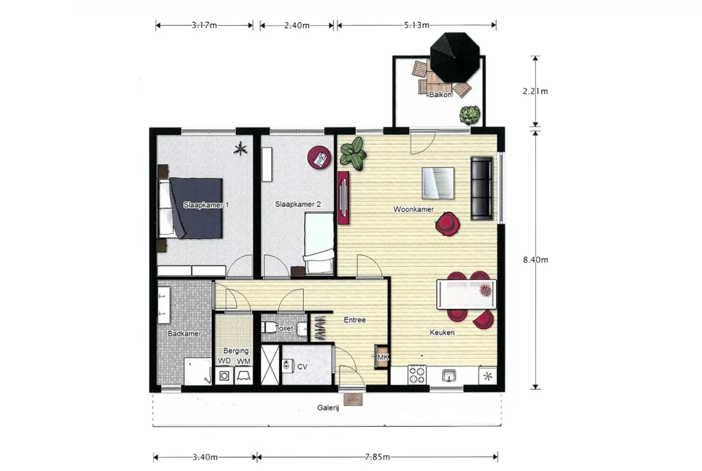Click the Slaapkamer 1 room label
coord(206,205)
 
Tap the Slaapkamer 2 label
coord(298,204)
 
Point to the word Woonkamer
coord(413,209)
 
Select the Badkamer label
coord(184,334)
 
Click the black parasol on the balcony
coord(455,58)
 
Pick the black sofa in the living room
coord(482,188)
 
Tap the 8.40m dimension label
coord(535,260)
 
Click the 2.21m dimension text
coord(535,91)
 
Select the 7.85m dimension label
coord(377,457)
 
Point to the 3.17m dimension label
coord(204,26)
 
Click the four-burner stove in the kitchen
coord(417,375)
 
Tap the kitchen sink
coord(449,375)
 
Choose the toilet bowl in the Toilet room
coord(270,327)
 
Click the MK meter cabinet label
coord(383,357)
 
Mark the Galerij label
coord(328,408)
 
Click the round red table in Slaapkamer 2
coord(319,158)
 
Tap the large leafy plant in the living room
coord(353,153)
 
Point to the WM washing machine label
coord(244,361)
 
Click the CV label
coord(302,367)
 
